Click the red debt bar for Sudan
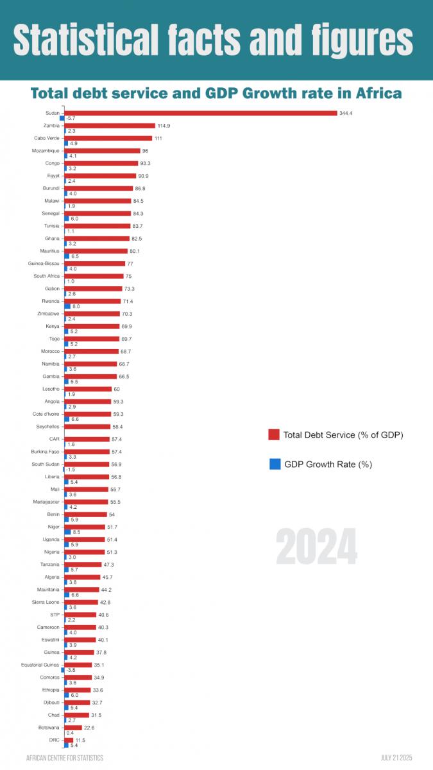(200, 113)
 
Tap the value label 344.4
(347, 113)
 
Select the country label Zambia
(51, 126)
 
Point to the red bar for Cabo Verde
(108, 138)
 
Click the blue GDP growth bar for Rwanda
(67, 307)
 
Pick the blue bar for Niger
(67, 532)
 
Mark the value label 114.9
(164, 126)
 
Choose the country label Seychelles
(47, 426)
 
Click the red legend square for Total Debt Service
(275, 435)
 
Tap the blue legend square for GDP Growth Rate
(275, 464)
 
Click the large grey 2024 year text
(316, 547)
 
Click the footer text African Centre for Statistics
(64, 758)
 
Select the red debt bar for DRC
(69, 740)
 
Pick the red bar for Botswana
(73, 727)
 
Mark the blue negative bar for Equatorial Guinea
(62, 670)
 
